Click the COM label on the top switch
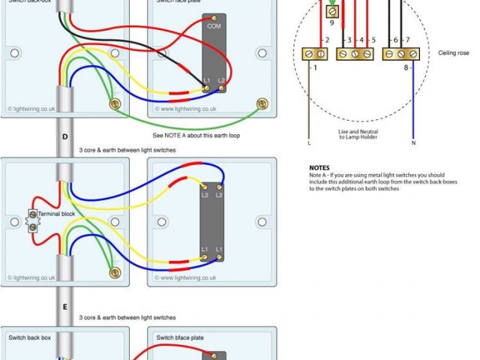214,25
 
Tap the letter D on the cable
64,137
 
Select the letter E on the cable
64,307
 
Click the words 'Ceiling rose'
454,53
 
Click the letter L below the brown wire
308,141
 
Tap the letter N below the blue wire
412,141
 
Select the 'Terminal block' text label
58,214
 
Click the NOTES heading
319,168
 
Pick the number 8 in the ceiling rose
405,68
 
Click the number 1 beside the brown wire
314,68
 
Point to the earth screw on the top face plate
262,105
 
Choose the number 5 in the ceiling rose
373,39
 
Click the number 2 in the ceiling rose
326,39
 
